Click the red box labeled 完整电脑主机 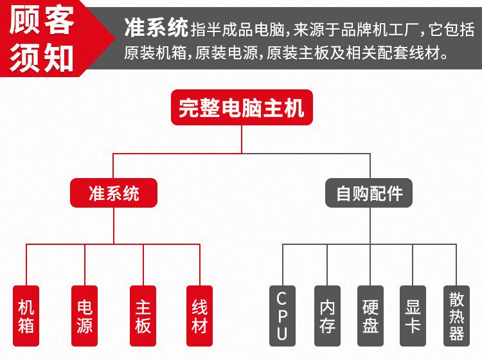[x=241, y=107]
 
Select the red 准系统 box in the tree [x=114, y=193]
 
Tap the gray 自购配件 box [x=370, y=193]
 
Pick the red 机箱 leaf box [x=26, y=316]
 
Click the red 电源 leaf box [x=84, y=316]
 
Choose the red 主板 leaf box [x=143, y=316]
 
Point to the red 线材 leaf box [x=200, y=316]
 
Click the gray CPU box [x=282, y=316]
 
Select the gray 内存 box [x=327, y=316]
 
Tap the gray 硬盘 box [x=370, y=316]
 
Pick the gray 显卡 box [x=413, y=316]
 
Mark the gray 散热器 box [x=456, y=316]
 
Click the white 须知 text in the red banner [x=43, y=56]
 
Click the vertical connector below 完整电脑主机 [x=242, y=139]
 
